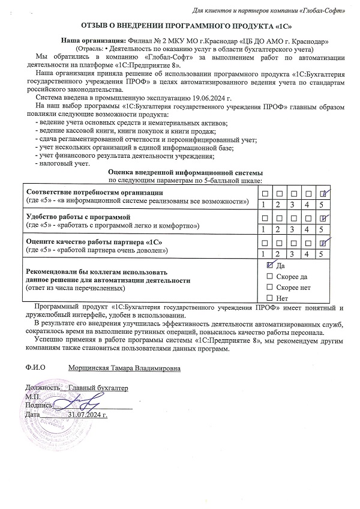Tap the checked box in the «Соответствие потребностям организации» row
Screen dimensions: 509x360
tap(323, 193)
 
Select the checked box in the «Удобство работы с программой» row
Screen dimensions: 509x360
tap(323, 218)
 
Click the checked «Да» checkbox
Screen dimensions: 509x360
tap(269, 265)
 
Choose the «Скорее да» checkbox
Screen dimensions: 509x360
tap(269, 276)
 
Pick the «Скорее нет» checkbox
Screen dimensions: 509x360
tap(269, 287)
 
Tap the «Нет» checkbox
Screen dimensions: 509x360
tap(269, 298)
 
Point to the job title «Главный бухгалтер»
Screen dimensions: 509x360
tap(98, 388)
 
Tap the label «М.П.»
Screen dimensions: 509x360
tap(32, 397)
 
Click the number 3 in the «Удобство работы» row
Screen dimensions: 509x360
tap(292, 229)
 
